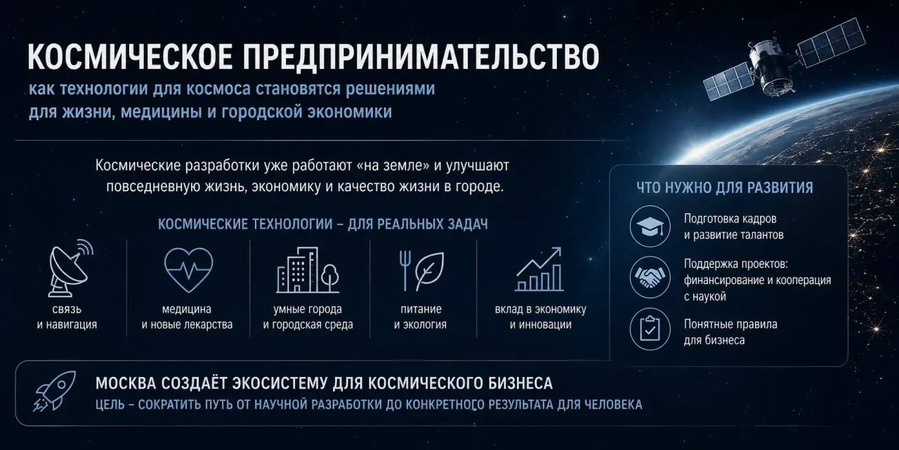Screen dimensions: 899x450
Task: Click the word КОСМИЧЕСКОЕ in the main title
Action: (130, 58)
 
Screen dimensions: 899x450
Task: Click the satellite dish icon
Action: (71, 268)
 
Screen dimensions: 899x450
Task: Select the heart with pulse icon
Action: (189, 269)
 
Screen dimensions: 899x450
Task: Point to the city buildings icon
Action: (308, 269)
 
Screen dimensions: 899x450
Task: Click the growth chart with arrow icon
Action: (539, 269)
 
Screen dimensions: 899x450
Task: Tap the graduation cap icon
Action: (650, 226)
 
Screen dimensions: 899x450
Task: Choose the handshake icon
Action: (650, 277)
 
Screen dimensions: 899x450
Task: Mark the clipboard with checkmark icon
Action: (650, 328)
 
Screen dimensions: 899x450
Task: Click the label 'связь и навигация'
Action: (67, 316)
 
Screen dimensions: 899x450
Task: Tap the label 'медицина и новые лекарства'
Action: (187, 316)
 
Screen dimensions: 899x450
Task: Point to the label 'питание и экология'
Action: (421, 316)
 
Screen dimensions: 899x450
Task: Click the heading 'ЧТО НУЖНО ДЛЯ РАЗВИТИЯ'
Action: (725, 188)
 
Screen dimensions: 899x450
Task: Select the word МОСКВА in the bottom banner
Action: (126, 383)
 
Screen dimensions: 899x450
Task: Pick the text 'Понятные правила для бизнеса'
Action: (730, 332)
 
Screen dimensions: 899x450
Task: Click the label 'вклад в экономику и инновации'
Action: (541, 316)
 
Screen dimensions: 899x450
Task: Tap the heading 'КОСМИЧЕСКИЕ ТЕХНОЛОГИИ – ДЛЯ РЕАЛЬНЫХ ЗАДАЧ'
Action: (322, 224)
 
